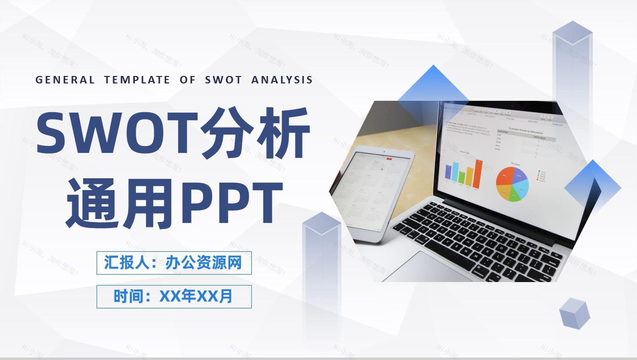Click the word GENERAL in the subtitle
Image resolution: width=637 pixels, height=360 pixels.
click(x=65, y=80)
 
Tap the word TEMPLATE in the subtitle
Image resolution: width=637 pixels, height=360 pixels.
click(x=137, y=80)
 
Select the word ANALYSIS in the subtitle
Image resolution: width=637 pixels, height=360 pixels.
click(x=282, y=80)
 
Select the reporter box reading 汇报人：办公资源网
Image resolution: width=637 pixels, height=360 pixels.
click(x=174, y=263)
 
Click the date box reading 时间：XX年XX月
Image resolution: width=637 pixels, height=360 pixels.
click(x=174, y=296)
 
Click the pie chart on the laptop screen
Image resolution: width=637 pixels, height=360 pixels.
click(x=512, y=184)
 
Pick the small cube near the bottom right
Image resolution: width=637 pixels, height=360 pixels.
click(x=574, y=313)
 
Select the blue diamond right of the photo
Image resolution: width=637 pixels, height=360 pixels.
click(x=593, y=187)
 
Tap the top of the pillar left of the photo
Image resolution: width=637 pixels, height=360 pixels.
click(x=321, y=223)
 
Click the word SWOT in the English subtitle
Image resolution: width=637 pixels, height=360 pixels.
click(x=223, y=80)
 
